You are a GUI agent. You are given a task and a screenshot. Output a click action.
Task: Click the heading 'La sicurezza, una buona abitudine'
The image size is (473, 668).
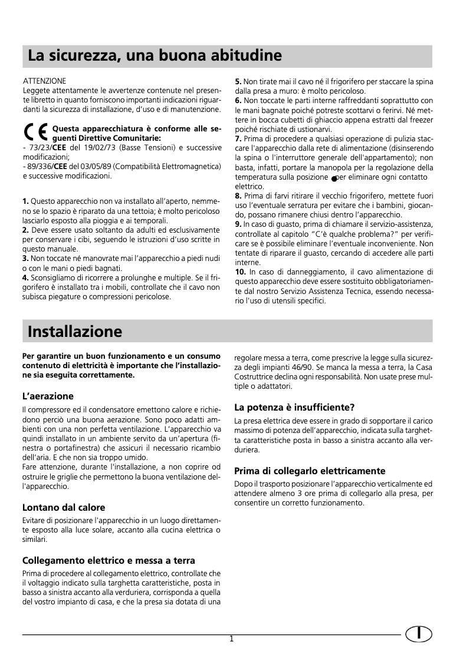click(x=154, y=57)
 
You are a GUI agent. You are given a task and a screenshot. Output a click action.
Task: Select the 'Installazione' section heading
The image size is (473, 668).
click(x=74, y=331)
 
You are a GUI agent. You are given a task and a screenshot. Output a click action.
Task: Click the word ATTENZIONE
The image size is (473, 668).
click(x=44, y=81)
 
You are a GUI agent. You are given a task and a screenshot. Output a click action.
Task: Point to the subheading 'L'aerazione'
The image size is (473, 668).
click(x=48, y=396)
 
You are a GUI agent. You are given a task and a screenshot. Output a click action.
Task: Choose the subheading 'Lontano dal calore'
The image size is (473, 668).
click(x=63, y=507)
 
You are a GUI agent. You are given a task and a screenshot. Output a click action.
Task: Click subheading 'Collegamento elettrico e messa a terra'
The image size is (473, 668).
click(x=109, y=560)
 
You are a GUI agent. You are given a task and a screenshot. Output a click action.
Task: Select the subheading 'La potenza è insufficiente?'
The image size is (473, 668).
click(x=294, y=407)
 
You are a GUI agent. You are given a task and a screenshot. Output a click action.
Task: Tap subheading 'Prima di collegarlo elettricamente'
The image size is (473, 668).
click(x=310, y=471)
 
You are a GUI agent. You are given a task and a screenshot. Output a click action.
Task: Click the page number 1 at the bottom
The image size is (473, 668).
click(x=232, y=639)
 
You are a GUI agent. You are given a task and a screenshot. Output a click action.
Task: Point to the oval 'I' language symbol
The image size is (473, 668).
click(x=418, y=634)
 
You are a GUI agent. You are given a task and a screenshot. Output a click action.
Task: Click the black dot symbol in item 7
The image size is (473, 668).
click(x=334, y=178)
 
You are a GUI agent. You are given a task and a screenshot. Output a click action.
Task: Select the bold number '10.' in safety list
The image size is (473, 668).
click(x=240, y=272)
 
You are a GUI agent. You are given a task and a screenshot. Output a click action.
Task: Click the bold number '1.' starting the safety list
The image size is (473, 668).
click(x=25, y=201)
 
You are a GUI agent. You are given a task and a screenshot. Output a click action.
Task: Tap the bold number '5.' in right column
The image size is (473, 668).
click(x=238, y=81)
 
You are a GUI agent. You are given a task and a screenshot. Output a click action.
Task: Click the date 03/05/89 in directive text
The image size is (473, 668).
click(x=98, y=167)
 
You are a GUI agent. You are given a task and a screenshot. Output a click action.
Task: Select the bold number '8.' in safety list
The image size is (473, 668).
click(x=238, y=196)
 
